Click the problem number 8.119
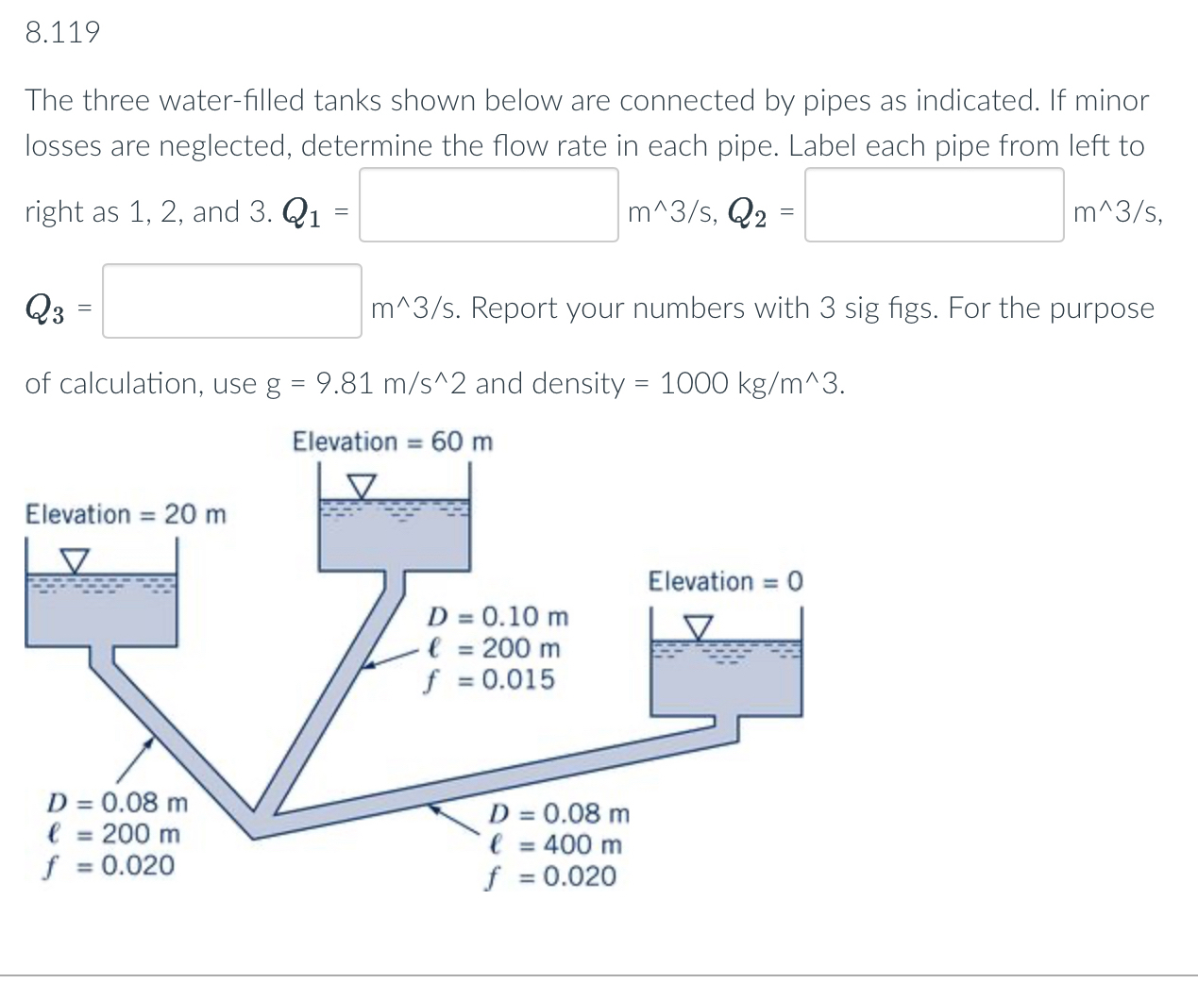(x=62, y=33)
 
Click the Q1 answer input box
(x=488, y=205)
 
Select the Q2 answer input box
(x=934, y=205)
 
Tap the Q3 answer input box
(x=232, y=301)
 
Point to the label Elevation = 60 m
(x=392, y=442)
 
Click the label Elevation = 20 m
(x=126, y=514)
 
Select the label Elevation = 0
(x=724, y=581)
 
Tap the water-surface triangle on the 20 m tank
(x=75, y=560)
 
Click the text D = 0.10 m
(x=498, y=617)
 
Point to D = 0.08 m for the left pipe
(x=118, y=803)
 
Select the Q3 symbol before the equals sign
(x=44, y=308)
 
